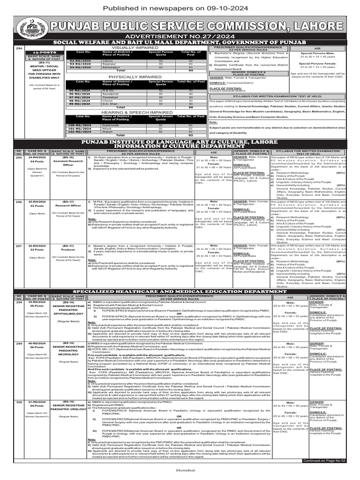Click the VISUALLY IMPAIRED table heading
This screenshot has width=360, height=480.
(x=136, y=47)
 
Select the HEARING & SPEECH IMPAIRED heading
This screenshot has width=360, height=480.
(x=136, y=112)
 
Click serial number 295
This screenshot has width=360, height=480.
(x=19, y=157)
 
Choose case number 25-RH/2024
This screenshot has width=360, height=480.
(x=37, y=201)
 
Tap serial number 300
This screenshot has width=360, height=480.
(x=19, y=402)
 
